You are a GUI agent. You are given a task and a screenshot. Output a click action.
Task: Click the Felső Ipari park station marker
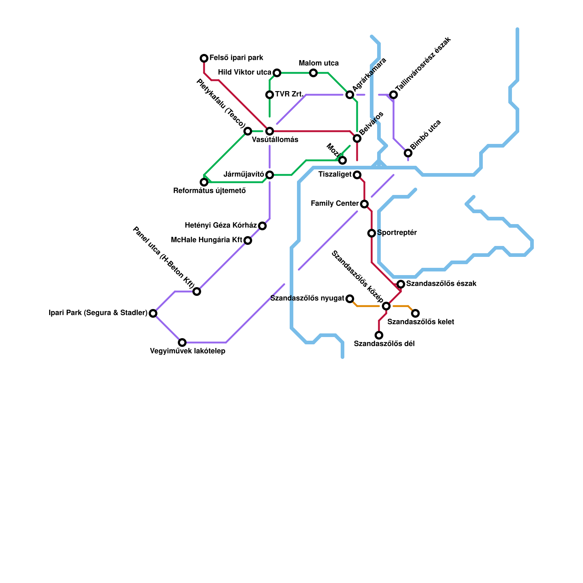[204, 58]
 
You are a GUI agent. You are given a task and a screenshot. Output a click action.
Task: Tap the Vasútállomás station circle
[270, 131]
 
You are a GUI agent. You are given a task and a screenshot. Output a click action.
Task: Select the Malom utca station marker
[313, 73]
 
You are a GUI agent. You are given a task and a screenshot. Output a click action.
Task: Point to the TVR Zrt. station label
[289, 94]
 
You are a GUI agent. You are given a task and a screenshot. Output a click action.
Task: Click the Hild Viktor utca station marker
[277, 73]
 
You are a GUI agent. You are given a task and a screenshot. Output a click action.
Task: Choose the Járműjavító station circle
[270, 175]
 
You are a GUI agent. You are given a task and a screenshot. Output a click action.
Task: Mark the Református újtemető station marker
[204, 182]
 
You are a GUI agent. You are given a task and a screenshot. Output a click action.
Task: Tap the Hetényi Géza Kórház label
[221, 226]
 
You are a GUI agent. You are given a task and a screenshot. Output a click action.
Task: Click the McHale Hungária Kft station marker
[248, 240]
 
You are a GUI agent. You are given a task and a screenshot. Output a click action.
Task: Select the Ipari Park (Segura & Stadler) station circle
[153, 313]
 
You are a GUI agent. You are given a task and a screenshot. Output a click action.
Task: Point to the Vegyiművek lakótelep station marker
[182, 343]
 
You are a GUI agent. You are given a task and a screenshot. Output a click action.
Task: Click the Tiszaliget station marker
[357, 175]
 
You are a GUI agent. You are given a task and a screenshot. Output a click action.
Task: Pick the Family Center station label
[335, 204]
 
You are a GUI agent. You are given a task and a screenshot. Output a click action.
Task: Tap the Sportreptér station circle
[372, 233]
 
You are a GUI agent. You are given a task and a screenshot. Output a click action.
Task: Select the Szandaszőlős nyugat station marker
[350, 299]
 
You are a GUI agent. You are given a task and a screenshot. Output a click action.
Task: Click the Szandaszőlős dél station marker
[379, 335]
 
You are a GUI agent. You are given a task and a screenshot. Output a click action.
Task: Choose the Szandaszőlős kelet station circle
[415, 313]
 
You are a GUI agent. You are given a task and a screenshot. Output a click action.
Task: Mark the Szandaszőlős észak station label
[441, 284]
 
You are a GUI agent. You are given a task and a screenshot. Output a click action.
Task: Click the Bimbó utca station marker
[408, 153]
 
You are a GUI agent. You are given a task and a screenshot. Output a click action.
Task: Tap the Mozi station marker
[343, 160]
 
